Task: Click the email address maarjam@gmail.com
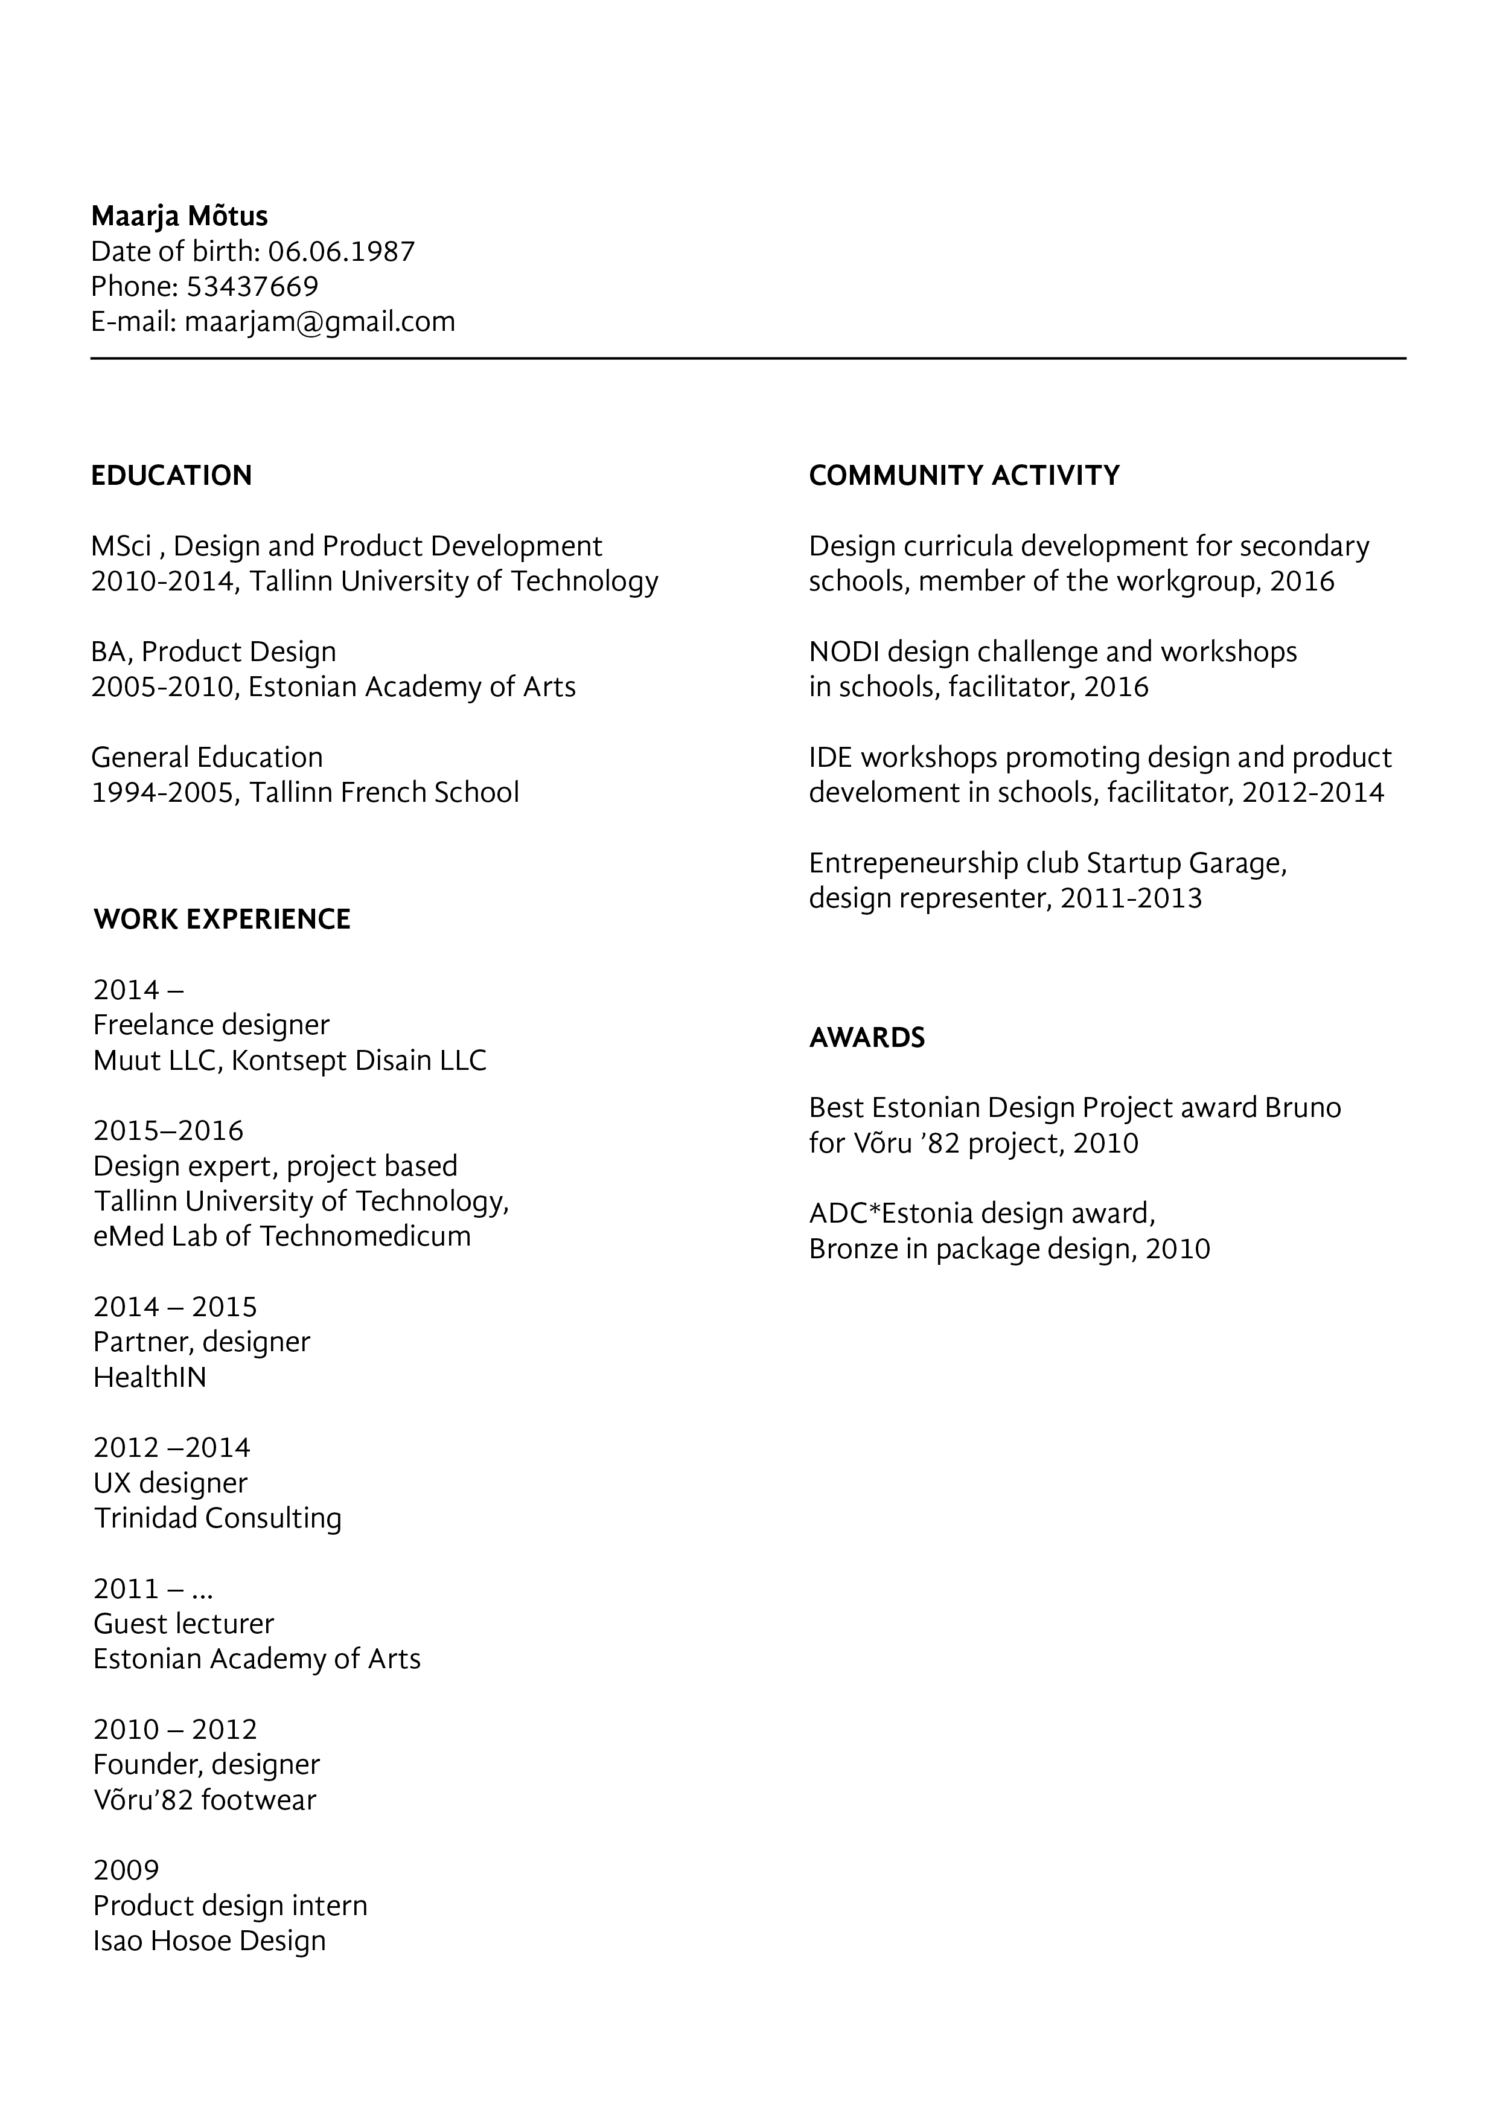coord(319,322)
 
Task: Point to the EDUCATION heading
coord(171,476)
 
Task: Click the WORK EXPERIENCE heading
coord(222,920)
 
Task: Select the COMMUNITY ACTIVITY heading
coord(964,476)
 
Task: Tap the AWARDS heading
coord(866,1038)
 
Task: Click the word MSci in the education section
coord(121,547)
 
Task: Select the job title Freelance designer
coord(211,1025)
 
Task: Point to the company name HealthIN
coord(150,1377)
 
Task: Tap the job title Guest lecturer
coord(184,1624)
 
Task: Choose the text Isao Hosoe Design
coord(209,1941)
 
